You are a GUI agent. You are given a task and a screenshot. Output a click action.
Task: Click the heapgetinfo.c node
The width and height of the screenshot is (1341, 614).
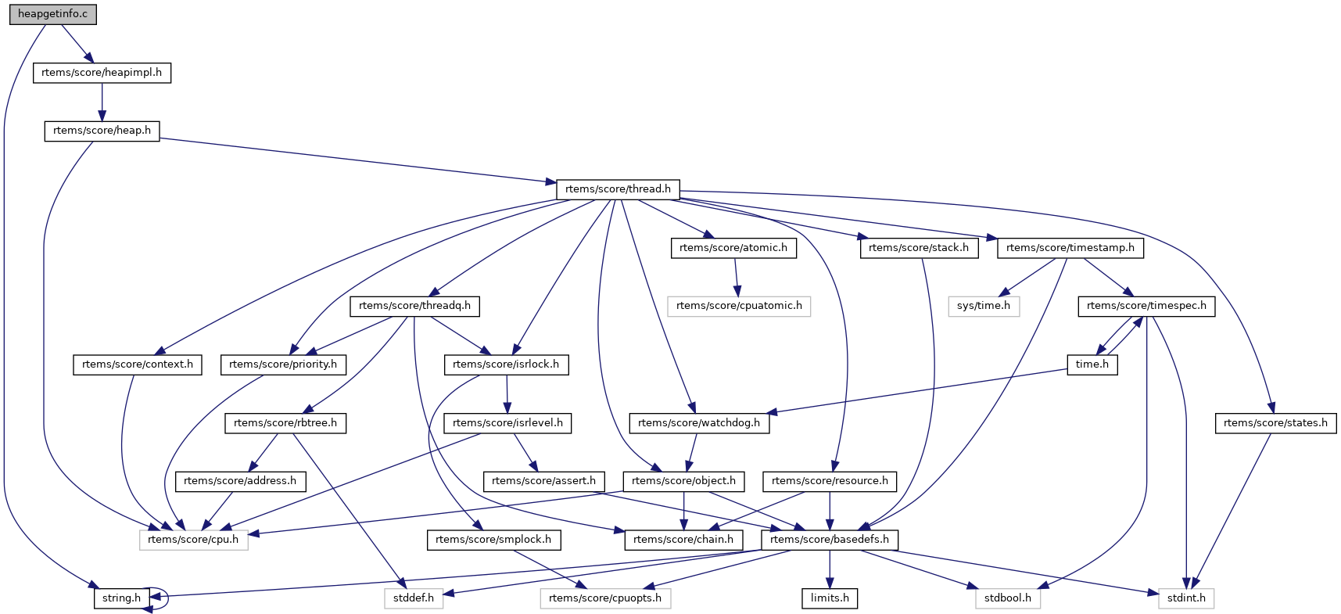click(x=53, y=14)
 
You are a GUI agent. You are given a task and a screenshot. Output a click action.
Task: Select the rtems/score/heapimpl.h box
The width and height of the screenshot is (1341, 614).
click(x=102, y=73)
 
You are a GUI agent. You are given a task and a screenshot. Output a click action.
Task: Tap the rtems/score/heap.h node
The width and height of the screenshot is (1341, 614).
click(x=102, y=131)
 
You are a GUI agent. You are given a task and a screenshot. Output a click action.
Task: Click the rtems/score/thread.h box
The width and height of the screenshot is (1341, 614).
click(x=618, y=189)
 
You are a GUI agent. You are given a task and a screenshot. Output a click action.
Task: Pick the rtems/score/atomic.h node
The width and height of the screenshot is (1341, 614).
click(x=733, y=248)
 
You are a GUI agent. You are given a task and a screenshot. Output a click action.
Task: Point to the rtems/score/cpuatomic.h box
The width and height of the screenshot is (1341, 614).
click(x=739, y=306)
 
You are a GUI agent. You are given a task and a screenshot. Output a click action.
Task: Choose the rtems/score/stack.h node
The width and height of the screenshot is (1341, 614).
click(x=918, y=248)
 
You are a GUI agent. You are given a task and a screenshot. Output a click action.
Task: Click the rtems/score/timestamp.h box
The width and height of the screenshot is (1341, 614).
click(x=1070, y=248)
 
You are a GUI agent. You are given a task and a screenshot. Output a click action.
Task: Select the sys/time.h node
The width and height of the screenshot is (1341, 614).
click(x=984, y=306)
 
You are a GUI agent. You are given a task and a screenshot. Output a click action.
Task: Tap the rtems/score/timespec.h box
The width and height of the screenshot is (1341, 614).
click(x=1146, y=306)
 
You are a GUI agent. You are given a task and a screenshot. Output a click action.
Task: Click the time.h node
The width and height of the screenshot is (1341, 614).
click(x=1092, y=364)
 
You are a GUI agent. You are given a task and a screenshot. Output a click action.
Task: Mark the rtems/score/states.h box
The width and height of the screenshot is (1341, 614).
click(x=1275, y=423)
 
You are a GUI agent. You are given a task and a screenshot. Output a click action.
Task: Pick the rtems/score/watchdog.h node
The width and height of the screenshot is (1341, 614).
click(x=699, y=423)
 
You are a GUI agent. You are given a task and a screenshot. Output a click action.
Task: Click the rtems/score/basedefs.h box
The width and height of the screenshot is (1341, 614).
click(x=830, y=540)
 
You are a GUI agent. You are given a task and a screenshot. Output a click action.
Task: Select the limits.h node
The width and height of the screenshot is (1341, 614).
click(x=830, y=598)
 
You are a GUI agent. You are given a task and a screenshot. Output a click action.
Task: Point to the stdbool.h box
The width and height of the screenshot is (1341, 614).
click(x=1008, y=598)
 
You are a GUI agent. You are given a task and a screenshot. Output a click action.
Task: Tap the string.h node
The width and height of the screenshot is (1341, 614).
click(x=121, y=598)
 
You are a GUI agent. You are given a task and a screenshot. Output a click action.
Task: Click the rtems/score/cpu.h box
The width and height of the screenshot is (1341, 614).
click(x=193, y=540)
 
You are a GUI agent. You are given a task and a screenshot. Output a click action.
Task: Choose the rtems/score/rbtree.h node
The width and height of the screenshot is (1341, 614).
click(x=285, y=423)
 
